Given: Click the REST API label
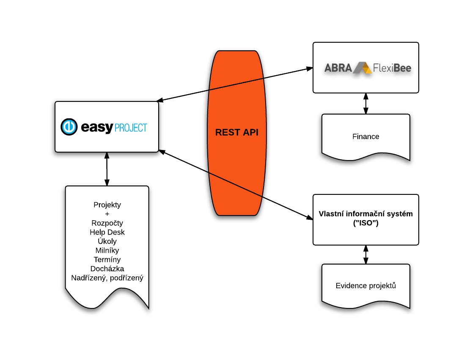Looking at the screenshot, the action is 236,132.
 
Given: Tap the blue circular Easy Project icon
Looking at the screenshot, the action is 69,127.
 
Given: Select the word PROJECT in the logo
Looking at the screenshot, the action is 131,128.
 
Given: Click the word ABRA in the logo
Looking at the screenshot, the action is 338,68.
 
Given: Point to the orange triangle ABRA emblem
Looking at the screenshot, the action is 362,68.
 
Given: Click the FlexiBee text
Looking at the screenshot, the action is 392,68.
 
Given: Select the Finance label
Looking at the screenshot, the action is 365,136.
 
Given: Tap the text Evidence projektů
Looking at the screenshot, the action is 365,286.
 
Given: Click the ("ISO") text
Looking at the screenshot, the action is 365,223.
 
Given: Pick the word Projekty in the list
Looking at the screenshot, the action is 107,205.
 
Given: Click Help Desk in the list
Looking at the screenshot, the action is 107,232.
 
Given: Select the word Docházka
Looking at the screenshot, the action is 107,269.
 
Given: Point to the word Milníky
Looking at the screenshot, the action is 107,251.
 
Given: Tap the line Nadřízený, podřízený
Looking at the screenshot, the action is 107,278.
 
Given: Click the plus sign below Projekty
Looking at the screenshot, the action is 107,214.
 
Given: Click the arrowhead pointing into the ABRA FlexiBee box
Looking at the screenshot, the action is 310,69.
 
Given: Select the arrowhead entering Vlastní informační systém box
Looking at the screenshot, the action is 310,217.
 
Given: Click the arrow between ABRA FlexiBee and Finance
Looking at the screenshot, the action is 365,104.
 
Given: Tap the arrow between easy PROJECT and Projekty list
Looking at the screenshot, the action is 107,169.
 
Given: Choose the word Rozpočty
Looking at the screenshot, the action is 107,223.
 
